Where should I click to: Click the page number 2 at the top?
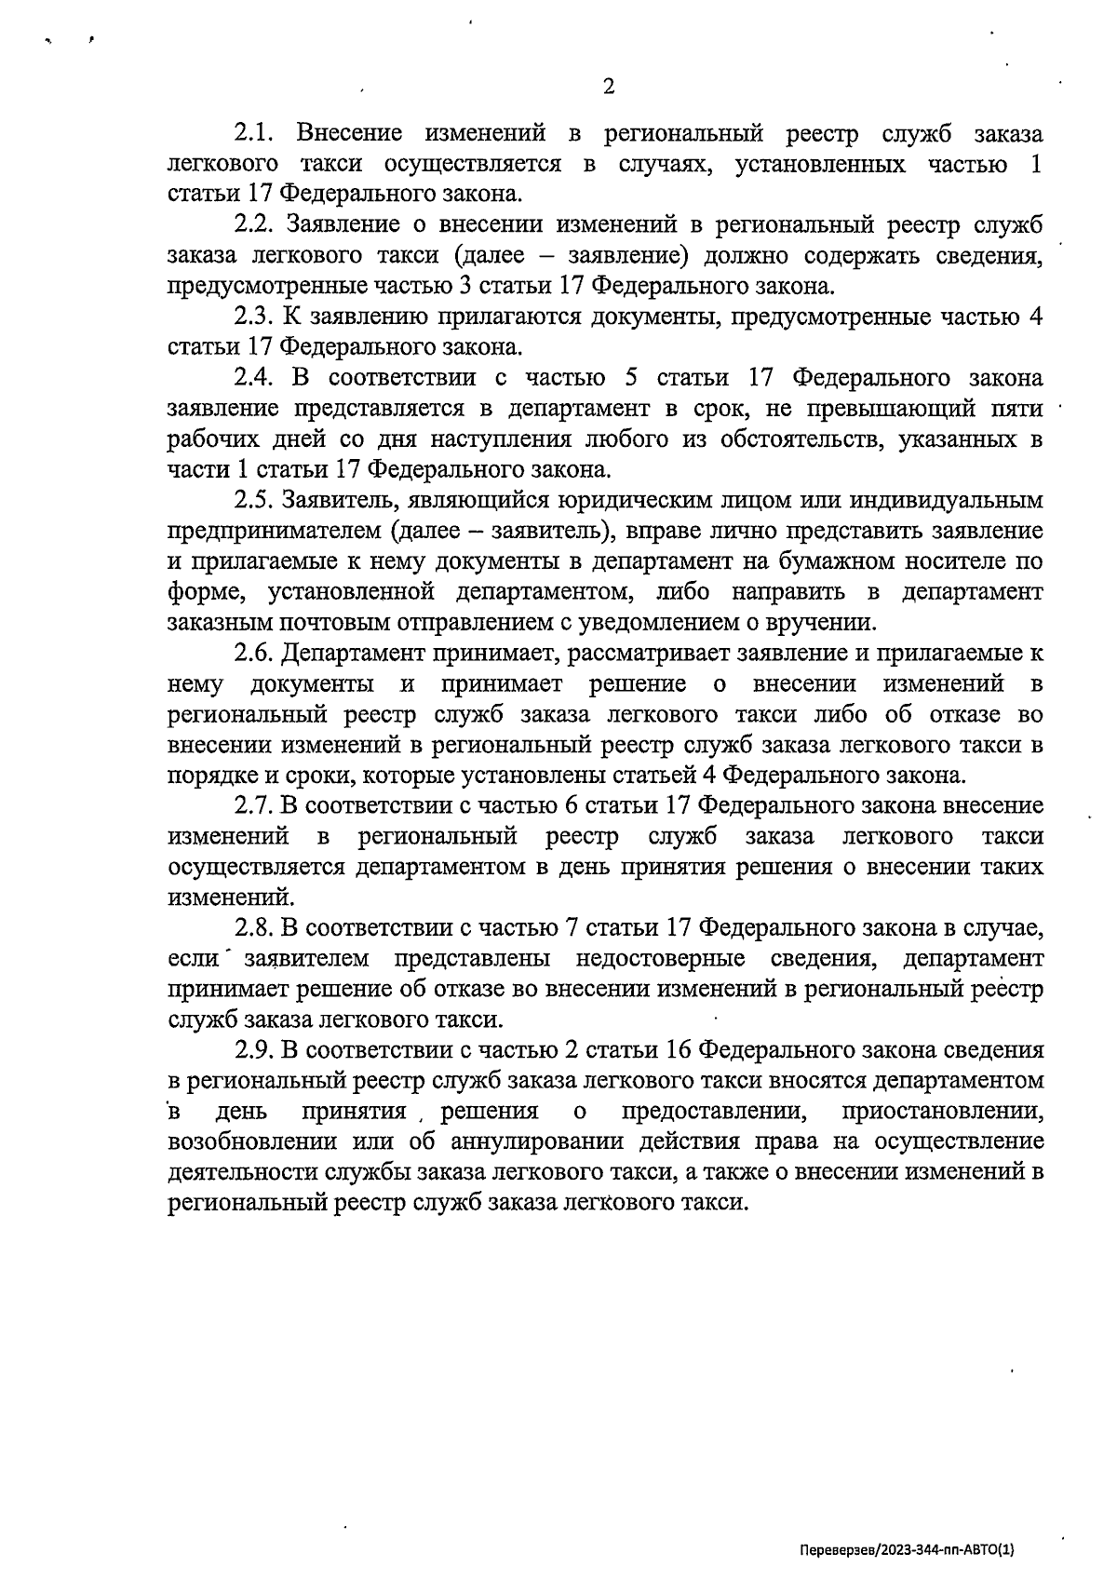[x=609, y=88]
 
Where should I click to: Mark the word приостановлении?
[x=943, y=1112]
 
